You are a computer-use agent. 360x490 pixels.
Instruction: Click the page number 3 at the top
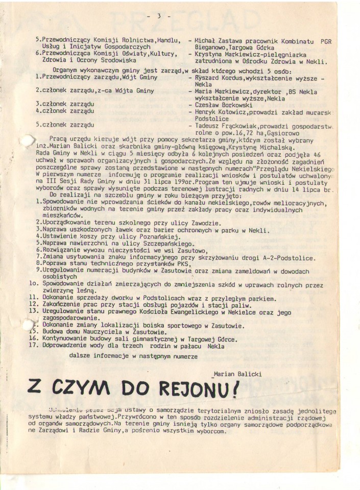click(159, 16)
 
